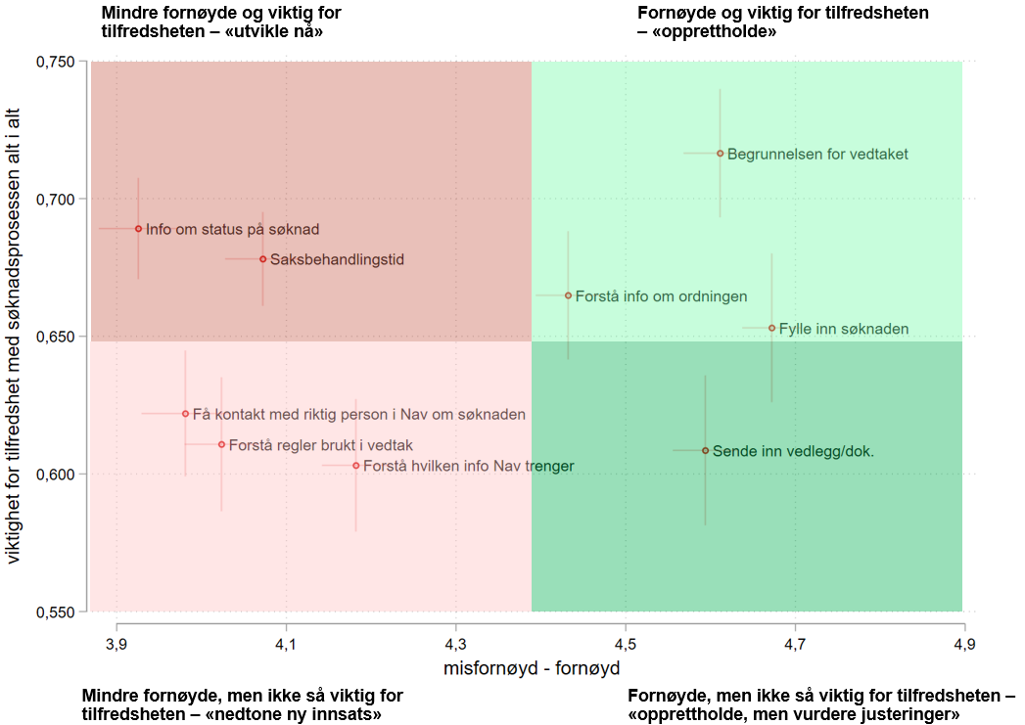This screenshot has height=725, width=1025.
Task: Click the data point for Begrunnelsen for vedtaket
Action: (x=721, y=154)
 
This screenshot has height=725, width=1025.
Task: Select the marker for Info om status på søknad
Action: (x=138, y=229)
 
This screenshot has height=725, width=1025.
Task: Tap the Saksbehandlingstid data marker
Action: (x=262, y=259)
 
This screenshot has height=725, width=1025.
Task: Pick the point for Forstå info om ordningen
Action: (x=568, y=295)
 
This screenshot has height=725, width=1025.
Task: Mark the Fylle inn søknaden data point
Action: (x=771, y=328)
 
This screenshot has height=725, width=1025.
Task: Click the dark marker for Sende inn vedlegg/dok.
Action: (x=705, y=451)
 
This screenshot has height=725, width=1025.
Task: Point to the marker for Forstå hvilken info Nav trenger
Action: (x=355, y=466)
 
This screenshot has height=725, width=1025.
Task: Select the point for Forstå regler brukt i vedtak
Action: (x=221, y=444)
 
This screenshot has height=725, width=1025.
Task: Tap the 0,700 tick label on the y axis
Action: (x=57, y=200)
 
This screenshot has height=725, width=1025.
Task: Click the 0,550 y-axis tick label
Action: (x=57, y=612)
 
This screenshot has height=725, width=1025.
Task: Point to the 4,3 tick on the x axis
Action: (x=455, y=644)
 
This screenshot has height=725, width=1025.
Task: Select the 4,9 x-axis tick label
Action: (x=964, y=644)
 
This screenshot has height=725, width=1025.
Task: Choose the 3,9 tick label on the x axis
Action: (x=116, y=644)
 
